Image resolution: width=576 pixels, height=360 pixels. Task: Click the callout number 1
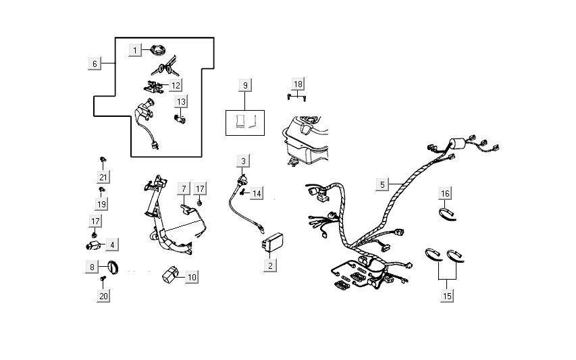pyautogui.click(x=135, y=50)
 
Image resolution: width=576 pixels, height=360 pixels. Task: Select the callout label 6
pyautogui.click(x=95, y=63)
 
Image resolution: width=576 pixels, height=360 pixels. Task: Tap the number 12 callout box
pyautogui.click(x=175, y=85)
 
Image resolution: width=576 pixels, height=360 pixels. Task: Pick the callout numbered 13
pyautogui.click(x=181, y=101)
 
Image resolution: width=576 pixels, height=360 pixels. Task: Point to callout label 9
pyautogui.click(x=245, y=84)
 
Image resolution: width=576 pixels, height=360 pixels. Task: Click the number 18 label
pyautogui.click(x=298, y=83)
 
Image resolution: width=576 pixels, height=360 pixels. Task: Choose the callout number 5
pyautogui.click(x=382, y=184)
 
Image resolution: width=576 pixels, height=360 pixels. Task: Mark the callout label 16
pyautogui.click(x=445, y=194)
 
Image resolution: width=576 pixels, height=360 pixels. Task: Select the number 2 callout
pyautogui.click(x=271, y=265)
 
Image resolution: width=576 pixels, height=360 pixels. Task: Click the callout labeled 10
pyautogui.click(x=192, y=277)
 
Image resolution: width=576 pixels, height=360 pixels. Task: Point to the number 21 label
pyautogui.click(x=102, y=177)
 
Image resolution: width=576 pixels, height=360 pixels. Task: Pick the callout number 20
pyautogui.click(x=103, y=295)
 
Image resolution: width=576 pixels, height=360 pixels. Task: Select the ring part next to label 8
pyautogui.click(x=115, y=267)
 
